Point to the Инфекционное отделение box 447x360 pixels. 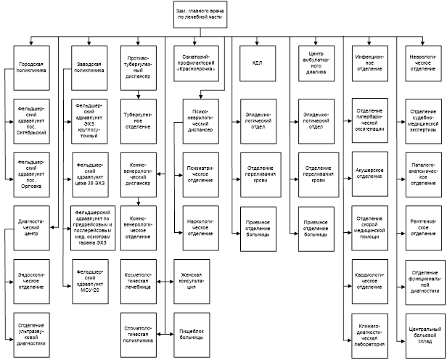coord(370,63)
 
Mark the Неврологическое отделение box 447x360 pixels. coord(423,63)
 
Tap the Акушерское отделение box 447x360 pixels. coord(370,173)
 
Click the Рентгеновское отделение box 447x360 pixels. coord(423,224)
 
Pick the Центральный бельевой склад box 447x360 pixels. coord(423,324)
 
